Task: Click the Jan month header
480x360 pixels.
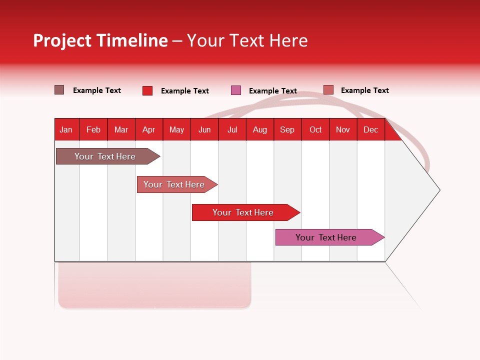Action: (x=66, y=129)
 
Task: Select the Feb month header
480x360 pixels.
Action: (x=93, y=129)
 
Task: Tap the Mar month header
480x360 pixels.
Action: (x=121, y=129)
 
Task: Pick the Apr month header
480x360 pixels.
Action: (x=149, y=129)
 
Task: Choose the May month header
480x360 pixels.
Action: (x=176, y=129)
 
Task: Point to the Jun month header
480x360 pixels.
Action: (x=204, y=129)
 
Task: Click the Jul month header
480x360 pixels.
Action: (x=232, y=129)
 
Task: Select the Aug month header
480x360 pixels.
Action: (x=260, y=129)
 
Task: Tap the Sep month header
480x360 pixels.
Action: (x=287, y=129)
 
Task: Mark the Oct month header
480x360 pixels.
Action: (x=315, y=129)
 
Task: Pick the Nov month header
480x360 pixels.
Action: (x=343, y=129)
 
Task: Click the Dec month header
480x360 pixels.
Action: (x=371, y=129)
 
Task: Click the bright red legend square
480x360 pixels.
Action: (x=147, y=90)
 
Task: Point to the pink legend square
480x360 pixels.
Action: (x=236, y=90)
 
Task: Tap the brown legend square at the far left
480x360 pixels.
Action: (x=59, y=90)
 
